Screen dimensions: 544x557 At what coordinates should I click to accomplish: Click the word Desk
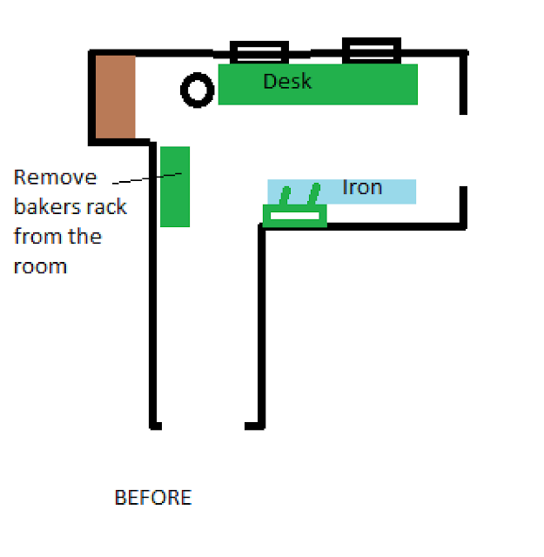point(287,81)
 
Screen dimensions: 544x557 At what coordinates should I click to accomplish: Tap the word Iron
point(362,187)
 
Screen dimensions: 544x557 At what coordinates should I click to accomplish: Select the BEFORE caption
point(153,497)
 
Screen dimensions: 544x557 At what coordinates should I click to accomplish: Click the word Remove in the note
point(55,177)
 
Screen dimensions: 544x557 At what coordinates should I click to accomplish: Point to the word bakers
point(45,206)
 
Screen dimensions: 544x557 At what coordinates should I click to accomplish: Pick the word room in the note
point(40,266)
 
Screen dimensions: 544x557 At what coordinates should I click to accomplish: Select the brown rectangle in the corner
point(115,97)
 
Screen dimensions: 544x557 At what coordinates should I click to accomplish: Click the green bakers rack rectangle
point(175,186)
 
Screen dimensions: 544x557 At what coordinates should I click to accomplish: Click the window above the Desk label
point(259,44)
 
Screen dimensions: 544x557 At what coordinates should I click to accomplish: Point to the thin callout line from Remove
point(147,178)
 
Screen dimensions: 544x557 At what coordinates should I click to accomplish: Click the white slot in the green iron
point(295,216)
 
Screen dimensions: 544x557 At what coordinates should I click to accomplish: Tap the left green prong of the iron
point(285,195)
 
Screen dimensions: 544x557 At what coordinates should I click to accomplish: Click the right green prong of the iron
point(314,194)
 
